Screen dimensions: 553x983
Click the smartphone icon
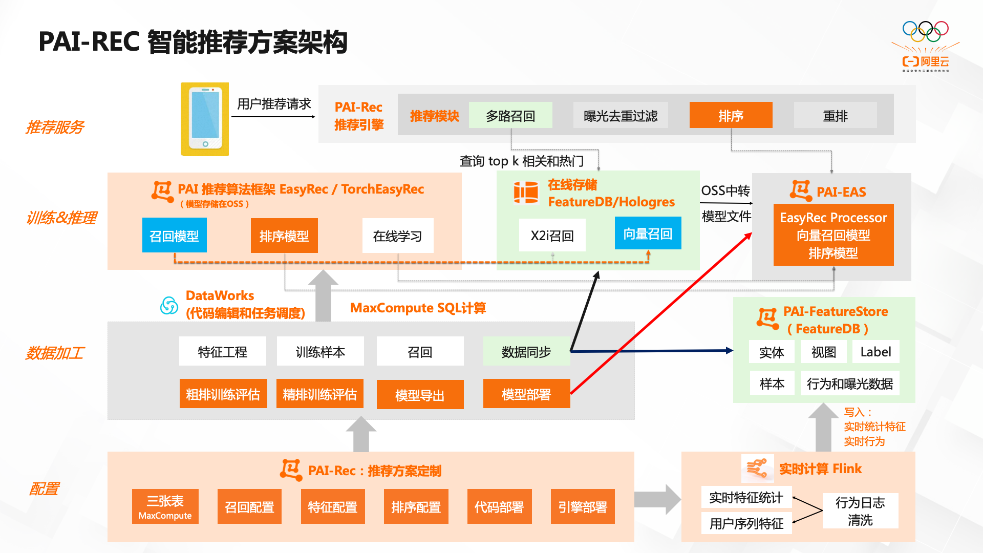205,119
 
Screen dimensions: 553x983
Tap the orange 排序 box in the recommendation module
731,116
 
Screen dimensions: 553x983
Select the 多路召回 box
510,116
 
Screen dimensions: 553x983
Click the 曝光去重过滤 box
620,116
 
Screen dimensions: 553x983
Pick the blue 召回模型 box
174,236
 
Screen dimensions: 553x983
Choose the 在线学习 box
397,236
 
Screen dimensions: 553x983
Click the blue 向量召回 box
648,233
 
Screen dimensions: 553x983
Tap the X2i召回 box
552,236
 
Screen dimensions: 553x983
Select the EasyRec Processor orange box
833,235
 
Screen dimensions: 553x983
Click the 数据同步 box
526,352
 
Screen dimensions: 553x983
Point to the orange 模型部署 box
526,394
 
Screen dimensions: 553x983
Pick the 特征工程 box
222,352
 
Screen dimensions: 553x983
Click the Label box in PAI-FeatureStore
875,352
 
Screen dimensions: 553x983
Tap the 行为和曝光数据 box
849,384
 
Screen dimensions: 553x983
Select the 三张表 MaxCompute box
165,507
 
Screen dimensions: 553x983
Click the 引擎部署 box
582,507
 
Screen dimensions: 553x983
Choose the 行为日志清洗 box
860,511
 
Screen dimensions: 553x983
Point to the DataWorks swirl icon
169,306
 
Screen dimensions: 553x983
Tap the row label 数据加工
55,353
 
